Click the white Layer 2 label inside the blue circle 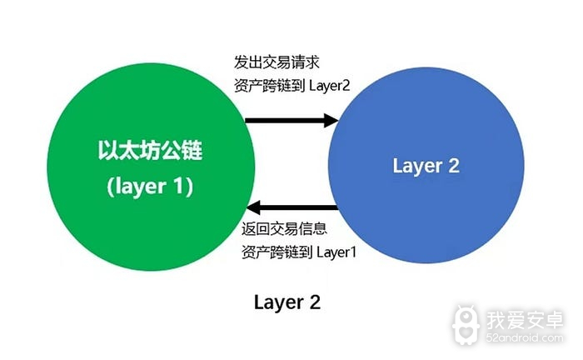[426, 166]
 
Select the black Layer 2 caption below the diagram [287, 302]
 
